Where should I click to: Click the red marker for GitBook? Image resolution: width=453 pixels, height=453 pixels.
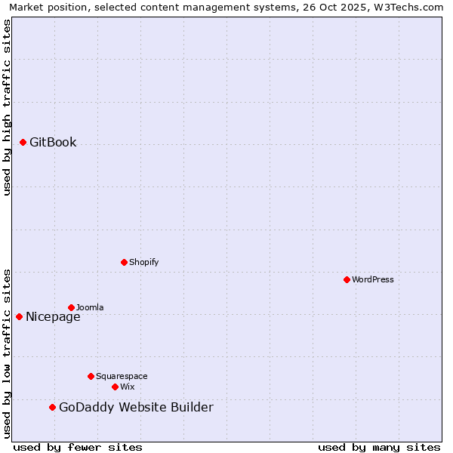click(23, 142)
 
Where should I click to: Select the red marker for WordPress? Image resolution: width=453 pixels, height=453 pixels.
click(347, 279)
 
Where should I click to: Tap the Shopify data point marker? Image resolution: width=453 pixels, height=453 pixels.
click(124, 262)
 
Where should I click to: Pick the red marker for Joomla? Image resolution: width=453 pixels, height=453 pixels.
click(71, 307)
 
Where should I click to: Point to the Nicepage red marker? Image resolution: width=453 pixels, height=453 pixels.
click(19, 316)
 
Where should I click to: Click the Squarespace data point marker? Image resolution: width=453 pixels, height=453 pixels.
click(91, 376)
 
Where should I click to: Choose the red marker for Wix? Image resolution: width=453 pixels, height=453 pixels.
click(115, 387)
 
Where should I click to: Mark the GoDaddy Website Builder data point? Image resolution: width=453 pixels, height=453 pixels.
click(52, 407)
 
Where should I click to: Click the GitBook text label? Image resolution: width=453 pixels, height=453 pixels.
click(53, 143)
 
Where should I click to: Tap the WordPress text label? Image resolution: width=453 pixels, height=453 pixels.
click(373, 279)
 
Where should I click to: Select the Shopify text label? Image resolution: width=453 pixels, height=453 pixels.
click(143, 262)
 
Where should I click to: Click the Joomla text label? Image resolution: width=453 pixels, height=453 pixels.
click(90, 307)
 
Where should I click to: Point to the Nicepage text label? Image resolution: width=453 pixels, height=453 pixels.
click(53, 317)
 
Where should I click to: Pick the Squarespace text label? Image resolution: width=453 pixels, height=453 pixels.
click(122, 376)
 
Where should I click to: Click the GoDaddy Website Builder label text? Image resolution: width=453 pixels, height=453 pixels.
click(136, 408)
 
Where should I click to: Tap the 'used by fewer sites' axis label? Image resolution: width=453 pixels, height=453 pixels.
click(78, 447)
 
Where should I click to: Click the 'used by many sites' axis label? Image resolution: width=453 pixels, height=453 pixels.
click(379, 447)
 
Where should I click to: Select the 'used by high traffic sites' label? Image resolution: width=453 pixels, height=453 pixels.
click(8, 107)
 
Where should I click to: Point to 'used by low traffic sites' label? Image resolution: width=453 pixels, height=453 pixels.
click(8, 353)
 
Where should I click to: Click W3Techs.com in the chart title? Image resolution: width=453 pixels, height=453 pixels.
click(407, 8)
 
